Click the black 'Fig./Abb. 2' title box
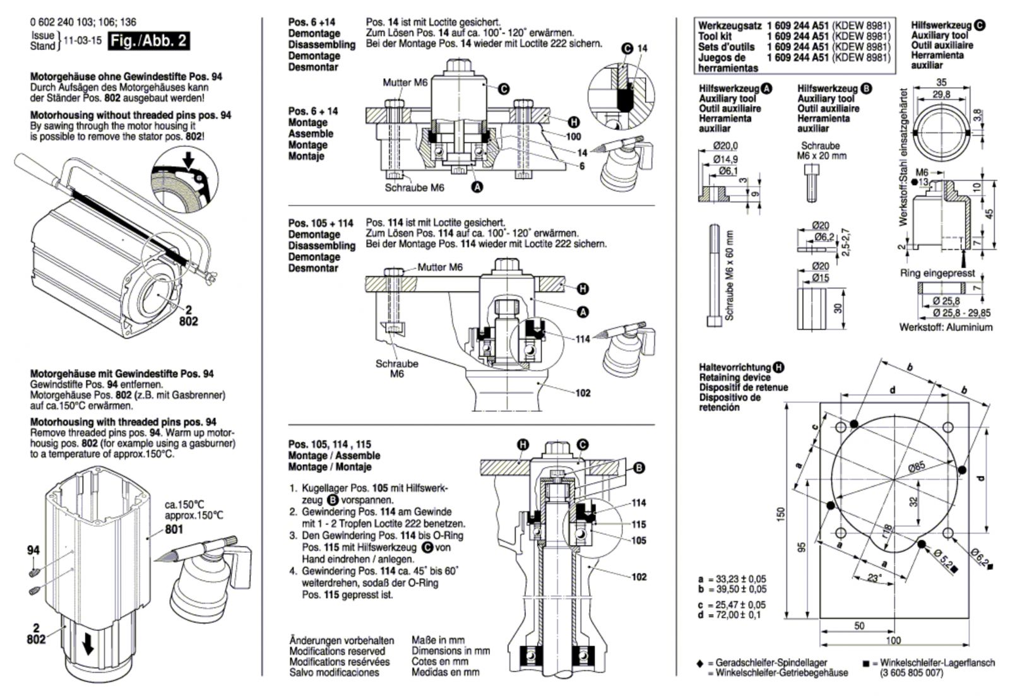148,41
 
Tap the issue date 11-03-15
83,40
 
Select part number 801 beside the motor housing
174,529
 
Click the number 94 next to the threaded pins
33,550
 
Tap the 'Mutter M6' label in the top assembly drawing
405,83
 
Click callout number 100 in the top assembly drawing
573,136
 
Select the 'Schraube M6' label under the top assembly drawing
414,187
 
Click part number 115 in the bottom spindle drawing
638,524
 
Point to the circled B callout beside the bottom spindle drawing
639,468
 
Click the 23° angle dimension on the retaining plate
874,578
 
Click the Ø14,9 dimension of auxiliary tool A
725,159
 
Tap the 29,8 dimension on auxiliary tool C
941,94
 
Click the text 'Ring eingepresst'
937,273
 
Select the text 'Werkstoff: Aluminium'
946,327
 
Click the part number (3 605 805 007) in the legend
911,673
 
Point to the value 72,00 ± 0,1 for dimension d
738,615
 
